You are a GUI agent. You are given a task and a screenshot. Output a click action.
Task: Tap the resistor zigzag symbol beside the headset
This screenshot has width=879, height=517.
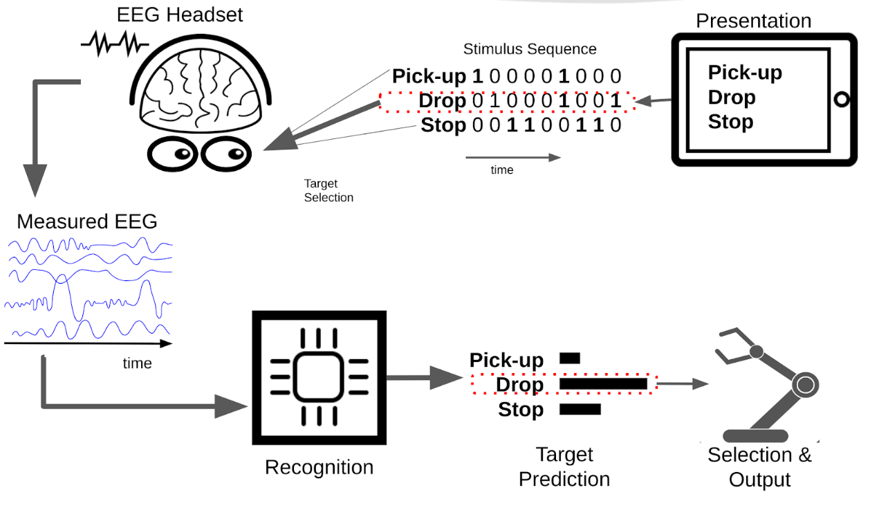point(115,45)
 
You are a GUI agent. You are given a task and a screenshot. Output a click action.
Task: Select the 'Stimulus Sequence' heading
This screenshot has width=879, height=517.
point(530,49)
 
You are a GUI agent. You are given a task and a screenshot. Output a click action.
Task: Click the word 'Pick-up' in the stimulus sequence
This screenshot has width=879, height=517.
point(429,76)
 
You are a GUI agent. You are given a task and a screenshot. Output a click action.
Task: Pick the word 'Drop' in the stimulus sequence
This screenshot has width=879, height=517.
point(443,101)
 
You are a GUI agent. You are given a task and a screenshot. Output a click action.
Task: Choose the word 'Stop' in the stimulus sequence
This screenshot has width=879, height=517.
point(443,125)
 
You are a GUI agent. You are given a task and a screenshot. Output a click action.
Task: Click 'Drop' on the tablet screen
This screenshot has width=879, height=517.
point(732,98)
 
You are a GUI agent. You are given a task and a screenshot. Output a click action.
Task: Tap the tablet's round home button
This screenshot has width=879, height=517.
point(841,99)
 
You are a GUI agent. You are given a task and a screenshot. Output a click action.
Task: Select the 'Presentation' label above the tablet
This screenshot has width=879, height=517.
point(753,21)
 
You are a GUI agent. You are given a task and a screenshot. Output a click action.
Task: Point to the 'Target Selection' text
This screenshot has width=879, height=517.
point(329,190)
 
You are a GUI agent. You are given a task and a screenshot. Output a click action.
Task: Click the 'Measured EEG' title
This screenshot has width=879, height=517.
point(87,221)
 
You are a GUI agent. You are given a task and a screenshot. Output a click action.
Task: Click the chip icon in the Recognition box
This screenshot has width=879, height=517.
point(319,377)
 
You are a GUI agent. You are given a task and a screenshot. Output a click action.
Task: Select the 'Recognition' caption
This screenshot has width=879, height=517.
point(319,467)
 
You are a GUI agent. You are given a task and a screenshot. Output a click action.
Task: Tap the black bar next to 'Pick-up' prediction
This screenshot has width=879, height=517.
point(570,359)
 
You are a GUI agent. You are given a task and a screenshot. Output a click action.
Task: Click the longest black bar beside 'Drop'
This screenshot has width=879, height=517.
point(603,383)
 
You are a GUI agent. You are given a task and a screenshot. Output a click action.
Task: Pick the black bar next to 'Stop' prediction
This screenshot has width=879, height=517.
point(580,409)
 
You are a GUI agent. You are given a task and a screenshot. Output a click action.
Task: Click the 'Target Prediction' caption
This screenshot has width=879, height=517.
point(564,466)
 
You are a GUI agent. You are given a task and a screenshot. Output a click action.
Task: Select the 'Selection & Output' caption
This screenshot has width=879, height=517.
point(759,467)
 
